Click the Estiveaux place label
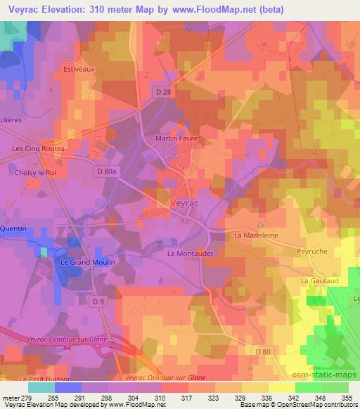79,70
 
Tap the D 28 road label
163,92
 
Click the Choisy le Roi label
35,171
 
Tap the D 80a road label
108,171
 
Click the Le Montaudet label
189,252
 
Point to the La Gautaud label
316,280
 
